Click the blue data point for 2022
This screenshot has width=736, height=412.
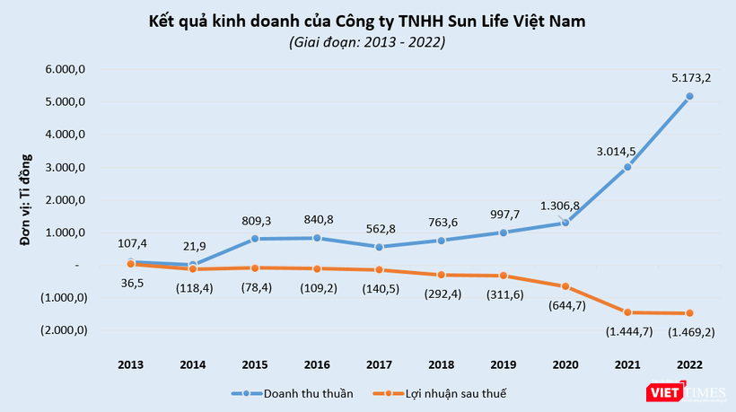[688, 96]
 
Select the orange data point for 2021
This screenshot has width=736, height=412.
[628, 312]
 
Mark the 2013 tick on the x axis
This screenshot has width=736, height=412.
[132, 364]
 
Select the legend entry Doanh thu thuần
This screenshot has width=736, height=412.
[302, 392]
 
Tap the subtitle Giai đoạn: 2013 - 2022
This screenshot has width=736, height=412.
[366, 41]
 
